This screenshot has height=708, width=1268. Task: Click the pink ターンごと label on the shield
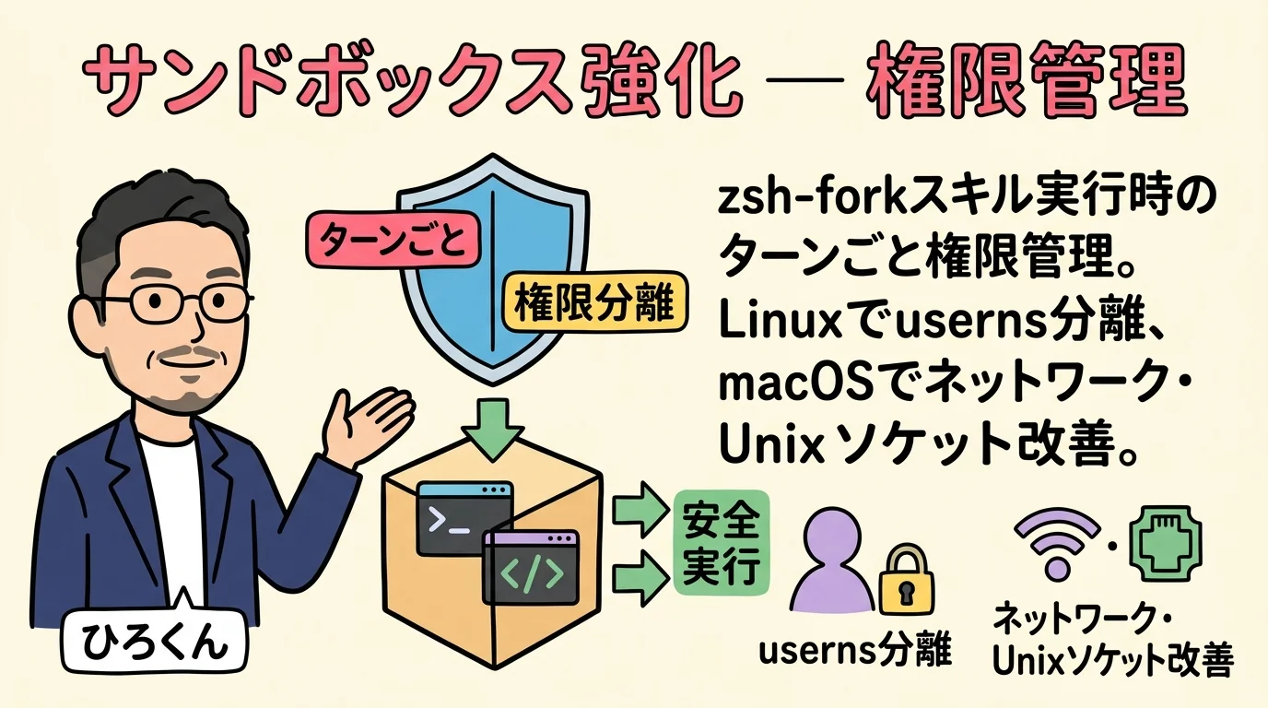[x=391, y=241]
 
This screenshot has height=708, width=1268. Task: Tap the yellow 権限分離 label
[x=595, y=303]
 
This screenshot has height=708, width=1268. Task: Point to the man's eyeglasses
[x=174, y=301]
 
